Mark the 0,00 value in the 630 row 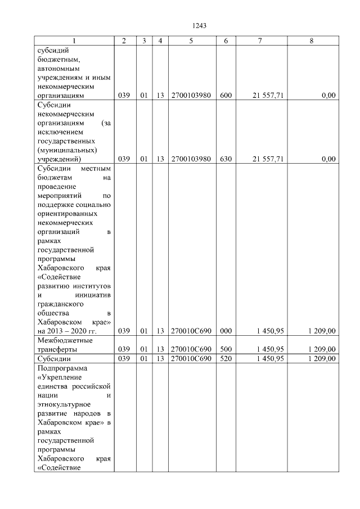point(328,159)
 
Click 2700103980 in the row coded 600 point(191,96)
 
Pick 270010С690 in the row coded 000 point(191,332)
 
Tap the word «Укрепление point(58,377)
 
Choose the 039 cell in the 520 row point(124,358)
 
